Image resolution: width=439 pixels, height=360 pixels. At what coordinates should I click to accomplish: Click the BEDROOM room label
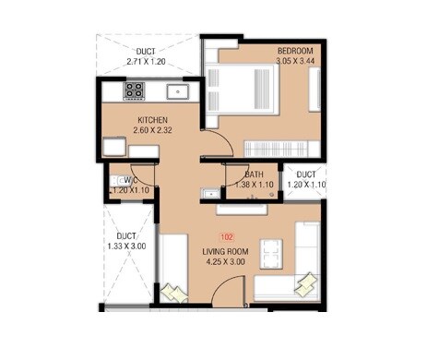[x=298, y=50]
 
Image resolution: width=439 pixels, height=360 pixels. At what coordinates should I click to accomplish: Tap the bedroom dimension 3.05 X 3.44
[x=298, y=61]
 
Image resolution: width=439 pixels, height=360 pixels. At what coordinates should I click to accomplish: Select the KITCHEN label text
[x=153, y=121]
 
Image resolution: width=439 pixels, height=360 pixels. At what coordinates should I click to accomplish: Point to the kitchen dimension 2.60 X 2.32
[x=153, y=132]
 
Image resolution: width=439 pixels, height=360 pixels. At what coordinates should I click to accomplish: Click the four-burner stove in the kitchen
[x=135, y=90]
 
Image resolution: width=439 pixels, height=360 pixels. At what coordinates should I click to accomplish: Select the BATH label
[x=254, y=174]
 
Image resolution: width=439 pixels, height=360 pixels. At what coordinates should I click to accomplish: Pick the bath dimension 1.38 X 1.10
[x=255, y=185]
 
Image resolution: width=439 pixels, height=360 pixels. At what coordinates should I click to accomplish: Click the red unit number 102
[x=226, y=238]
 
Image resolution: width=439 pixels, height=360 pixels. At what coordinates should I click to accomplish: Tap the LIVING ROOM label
[x=226, y=251]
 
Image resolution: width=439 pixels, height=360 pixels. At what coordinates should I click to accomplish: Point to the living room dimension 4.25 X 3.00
[x=226, y=262]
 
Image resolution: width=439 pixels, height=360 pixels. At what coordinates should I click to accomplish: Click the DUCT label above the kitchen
[x=145, y=52]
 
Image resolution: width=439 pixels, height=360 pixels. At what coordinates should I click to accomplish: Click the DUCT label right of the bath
[x=306, y=174]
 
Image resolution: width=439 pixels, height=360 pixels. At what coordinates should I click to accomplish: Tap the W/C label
[x=130, y=180]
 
